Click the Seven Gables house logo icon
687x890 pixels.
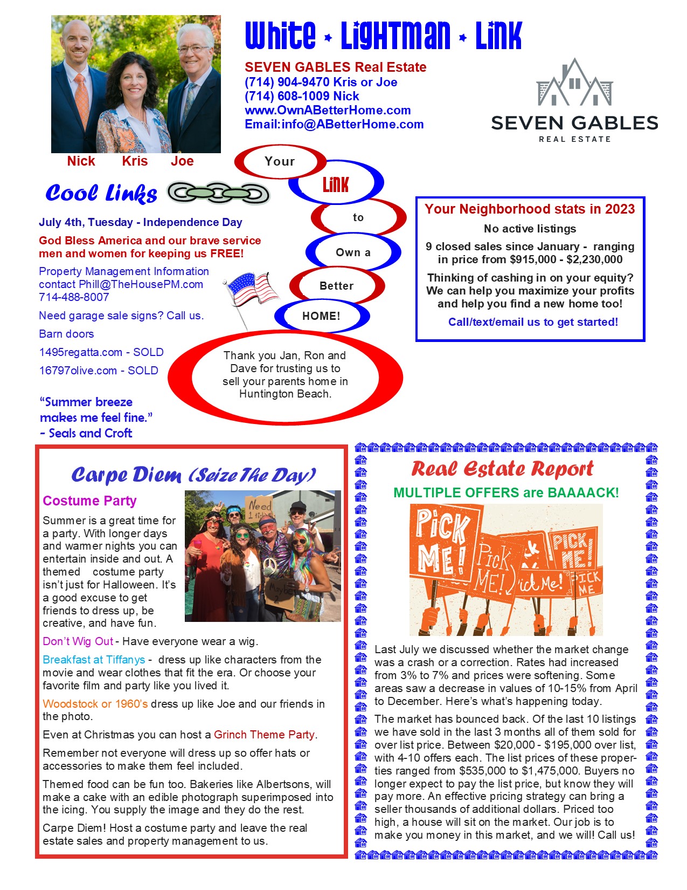click(574, 83)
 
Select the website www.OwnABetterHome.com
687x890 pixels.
click(328, 110)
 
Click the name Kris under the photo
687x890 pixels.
click(135, 161)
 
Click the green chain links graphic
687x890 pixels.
click(218, 193)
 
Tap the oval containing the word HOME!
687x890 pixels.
click(321, 316)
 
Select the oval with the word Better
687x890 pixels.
click(337, 286)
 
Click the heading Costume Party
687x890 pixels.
click(89, 501)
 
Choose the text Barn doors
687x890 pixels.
click(66, 334)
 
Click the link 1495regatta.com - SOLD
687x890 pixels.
click(101, 352)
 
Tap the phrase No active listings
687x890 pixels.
click(530, 229)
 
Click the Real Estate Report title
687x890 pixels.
click(502, 469)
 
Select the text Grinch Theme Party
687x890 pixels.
click(264, 735)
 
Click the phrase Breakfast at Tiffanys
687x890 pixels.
click(94, 660)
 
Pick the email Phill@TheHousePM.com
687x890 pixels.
click(141, 284)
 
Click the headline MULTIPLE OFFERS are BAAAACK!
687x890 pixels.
click(506, 492)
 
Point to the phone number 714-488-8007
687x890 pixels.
click(74, 297)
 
